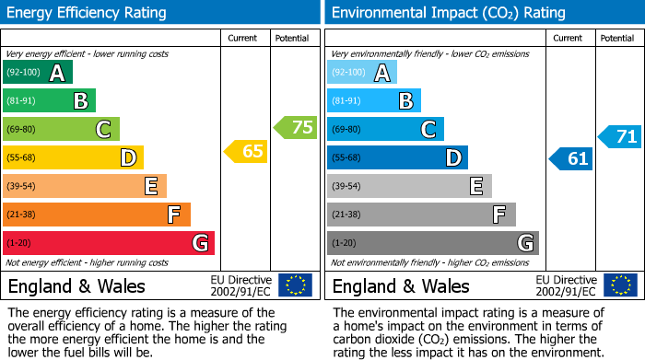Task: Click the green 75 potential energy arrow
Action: tap(296, 128)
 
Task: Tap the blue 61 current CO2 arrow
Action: tap(571, 158)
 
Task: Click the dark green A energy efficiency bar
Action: tap(38, 73)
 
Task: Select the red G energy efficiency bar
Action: tap(109, 243)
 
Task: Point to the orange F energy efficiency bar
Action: tap(97, 215)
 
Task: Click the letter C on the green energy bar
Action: tap(103, 130)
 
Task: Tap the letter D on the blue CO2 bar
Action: tap(451, 158)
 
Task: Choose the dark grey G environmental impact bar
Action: tap(433, 243)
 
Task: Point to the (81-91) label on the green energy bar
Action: tap(22, 101)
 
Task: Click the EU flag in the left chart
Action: tap(295, 285)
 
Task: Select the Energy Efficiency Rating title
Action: tap(87, 13)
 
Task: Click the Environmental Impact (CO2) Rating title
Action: tap(447, 13)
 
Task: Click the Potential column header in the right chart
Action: tap(617, 38)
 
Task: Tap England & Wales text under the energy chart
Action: tap(76, 285)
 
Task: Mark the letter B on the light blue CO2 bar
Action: tap(405, 101)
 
